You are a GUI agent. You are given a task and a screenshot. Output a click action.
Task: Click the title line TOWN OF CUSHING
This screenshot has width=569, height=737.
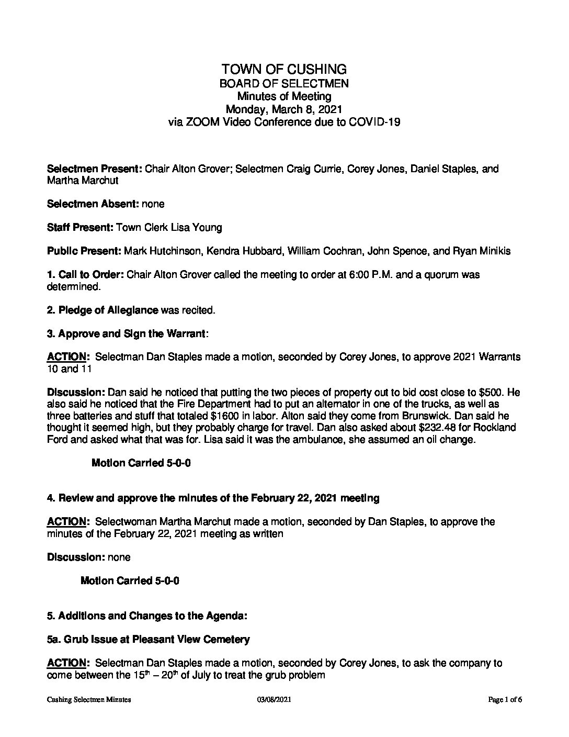[283, 69]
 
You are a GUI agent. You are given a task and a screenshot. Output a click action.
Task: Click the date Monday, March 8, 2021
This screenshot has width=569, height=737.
[283, 109]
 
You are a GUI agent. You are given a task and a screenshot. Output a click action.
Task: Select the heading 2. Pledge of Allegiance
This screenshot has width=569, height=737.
[103, 310]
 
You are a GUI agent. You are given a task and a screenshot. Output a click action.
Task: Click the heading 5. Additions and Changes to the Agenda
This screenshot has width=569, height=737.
[147, 616]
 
